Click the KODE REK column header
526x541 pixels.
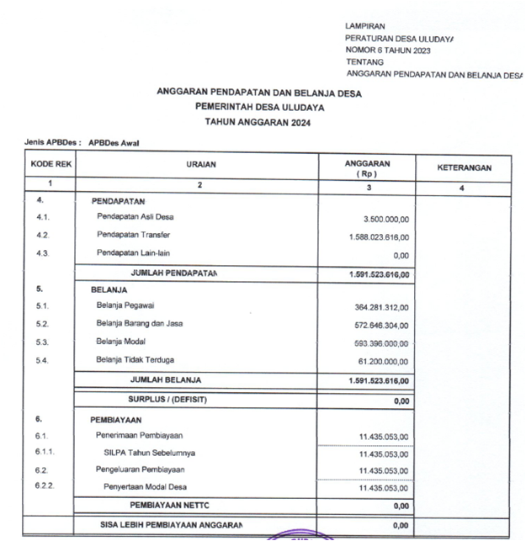point(50,165)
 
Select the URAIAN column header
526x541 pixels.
point(200,165)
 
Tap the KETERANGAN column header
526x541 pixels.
point(464,167)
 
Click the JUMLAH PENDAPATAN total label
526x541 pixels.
point(173,273)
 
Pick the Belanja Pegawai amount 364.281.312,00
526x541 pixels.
point(381,308)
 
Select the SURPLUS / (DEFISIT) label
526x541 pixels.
point(167,400)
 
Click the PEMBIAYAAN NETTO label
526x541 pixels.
point(169,505)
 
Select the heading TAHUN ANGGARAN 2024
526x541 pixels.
point(259,123)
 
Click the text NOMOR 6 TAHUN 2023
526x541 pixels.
point(388,50)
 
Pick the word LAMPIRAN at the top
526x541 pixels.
point(365,27)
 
